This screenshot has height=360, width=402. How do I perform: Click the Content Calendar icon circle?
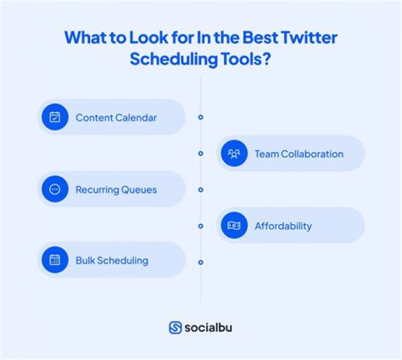coord(55,117)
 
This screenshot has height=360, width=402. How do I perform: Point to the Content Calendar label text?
coord(116,117)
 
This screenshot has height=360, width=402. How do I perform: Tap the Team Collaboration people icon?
coord(234,154)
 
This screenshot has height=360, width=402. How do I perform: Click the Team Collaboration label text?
coord(299,154)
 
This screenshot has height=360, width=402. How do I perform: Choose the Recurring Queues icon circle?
coord(55,190)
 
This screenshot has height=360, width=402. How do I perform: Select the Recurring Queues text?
coord(116,190)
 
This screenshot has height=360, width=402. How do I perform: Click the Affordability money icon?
coord(234,226)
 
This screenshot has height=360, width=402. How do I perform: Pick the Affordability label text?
coord(283,226)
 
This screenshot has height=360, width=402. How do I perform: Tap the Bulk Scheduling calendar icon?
coord(55,260)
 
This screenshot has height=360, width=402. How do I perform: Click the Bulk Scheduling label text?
coord(112,260)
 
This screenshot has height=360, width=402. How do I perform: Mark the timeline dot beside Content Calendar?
coord(200,117)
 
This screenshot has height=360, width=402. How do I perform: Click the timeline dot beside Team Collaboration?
coord(200,153)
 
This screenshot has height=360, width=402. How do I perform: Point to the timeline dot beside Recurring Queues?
coord(200,190)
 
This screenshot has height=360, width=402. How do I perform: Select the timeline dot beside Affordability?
coord(200,226)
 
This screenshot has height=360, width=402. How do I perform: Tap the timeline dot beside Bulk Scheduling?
coord(200,262)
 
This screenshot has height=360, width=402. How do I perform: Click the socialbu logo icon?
coord(175,328)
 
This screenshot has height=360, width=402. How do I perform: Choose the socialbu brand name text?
coord(208,328)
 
